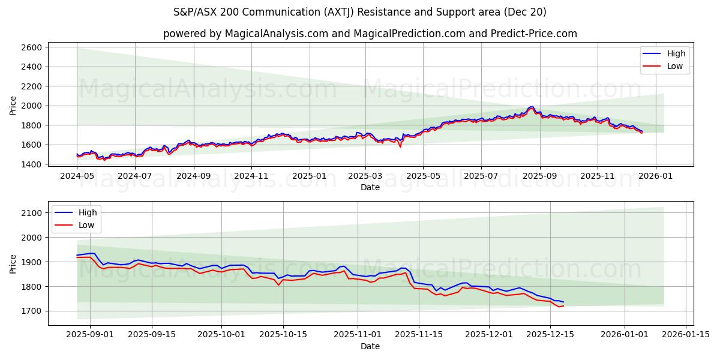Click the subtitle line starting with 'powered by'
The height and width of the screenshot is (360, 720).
click(370, 34)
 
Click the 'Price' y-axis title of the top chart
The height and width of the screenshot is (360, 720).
click(13, 106)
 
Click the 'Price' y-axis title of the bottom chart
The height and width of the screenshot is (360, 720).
click(13, 263)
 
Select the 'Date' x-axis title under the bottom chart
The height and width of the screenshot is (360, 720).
click(370, 347)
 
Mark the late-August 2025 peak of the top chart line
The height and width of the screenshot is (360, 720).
click(531, 107)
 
